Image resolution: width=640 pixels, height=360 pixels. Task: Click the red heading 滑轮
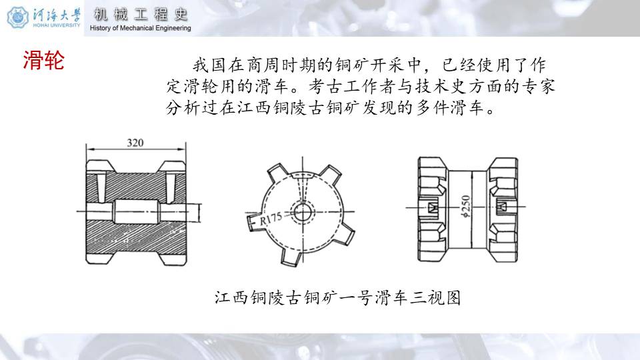point(44,61)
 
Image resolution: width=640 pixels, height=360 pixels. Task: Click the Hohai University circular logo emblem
point(17,17)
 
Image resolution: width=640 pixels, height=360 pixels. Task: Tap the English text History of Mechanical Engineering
point(141,28)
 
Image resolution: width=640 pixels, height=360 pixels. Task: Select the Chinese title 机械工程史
point(141,15)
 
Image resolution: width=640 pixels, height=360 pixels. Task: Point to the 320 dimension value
point(135,143)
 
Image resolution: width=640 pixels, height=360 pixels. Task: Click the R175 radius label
point(271,219)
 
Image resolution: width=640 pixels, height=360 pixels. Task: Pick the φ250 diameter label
point(466,206)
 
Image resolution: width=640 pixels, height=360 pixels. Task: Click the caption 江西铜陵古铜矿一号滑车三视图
point(337,297)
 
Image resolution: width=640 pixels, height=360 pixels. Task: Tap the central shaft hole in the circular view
point(303,212)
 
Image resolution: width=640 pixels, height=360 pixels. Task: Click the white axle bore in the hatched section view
point(136,211)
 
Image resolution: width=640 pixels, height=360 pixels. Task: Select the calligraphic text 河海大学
point(57,15)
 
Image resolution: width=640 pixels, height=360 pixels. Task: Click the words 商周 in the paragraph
point(264,65)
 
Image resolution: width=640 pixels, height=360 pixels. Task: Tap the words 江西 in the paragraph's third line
point(254,107)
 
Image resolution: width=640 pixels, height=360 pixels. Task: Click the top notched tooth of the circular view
point(303,175)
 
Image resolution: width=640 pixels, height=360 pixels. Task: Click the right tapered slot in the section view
point(170,188)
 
